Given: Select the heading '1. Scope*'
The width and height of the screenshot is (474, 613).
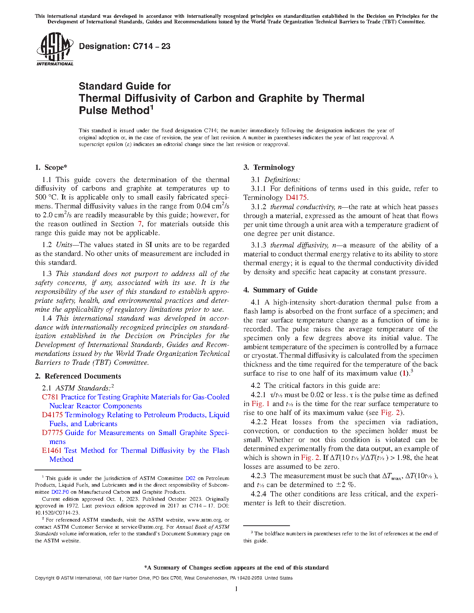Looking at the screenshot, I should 51,168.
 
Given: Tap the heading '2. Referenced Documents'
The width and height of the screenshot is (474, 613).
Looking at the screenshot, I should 78,376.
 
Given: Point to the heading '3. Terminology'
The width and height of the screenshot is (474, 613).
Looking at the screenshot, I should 269,168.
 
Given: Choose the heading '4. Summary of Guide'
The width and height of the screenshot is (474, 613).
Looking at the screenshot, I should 281,290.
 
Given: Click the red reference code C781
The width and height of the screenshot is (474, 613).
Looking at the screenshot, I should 50,397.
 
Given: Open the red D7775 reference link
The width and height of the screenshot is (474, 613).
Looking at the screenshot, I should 52,433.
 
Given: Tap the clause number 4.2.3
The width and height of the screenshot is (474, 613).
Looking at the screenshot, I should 258,476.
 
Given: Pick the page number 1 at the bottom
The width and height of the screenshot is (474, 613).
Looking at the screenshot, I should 236,589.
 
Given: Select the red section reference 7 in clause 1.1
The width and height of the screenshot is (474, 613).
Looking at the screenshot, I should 140,224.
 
